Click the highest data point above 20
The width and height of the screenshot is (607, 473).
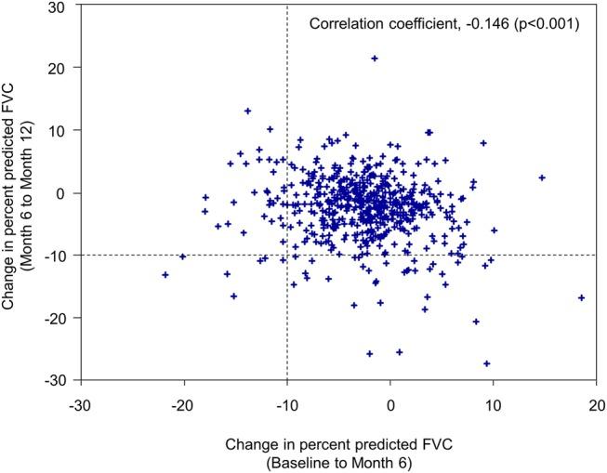(x=375, y=59)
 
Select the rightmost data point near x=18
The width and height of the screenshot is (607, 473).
(x=581, y=297)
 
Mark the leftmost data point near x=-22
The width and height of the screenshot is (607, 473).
(x=165, y=275)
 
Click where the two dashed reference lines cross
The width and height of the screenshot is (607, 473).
(x=286, y=255)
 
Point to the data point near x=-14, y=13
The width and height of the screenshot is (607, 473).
(x=247, y=112)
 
